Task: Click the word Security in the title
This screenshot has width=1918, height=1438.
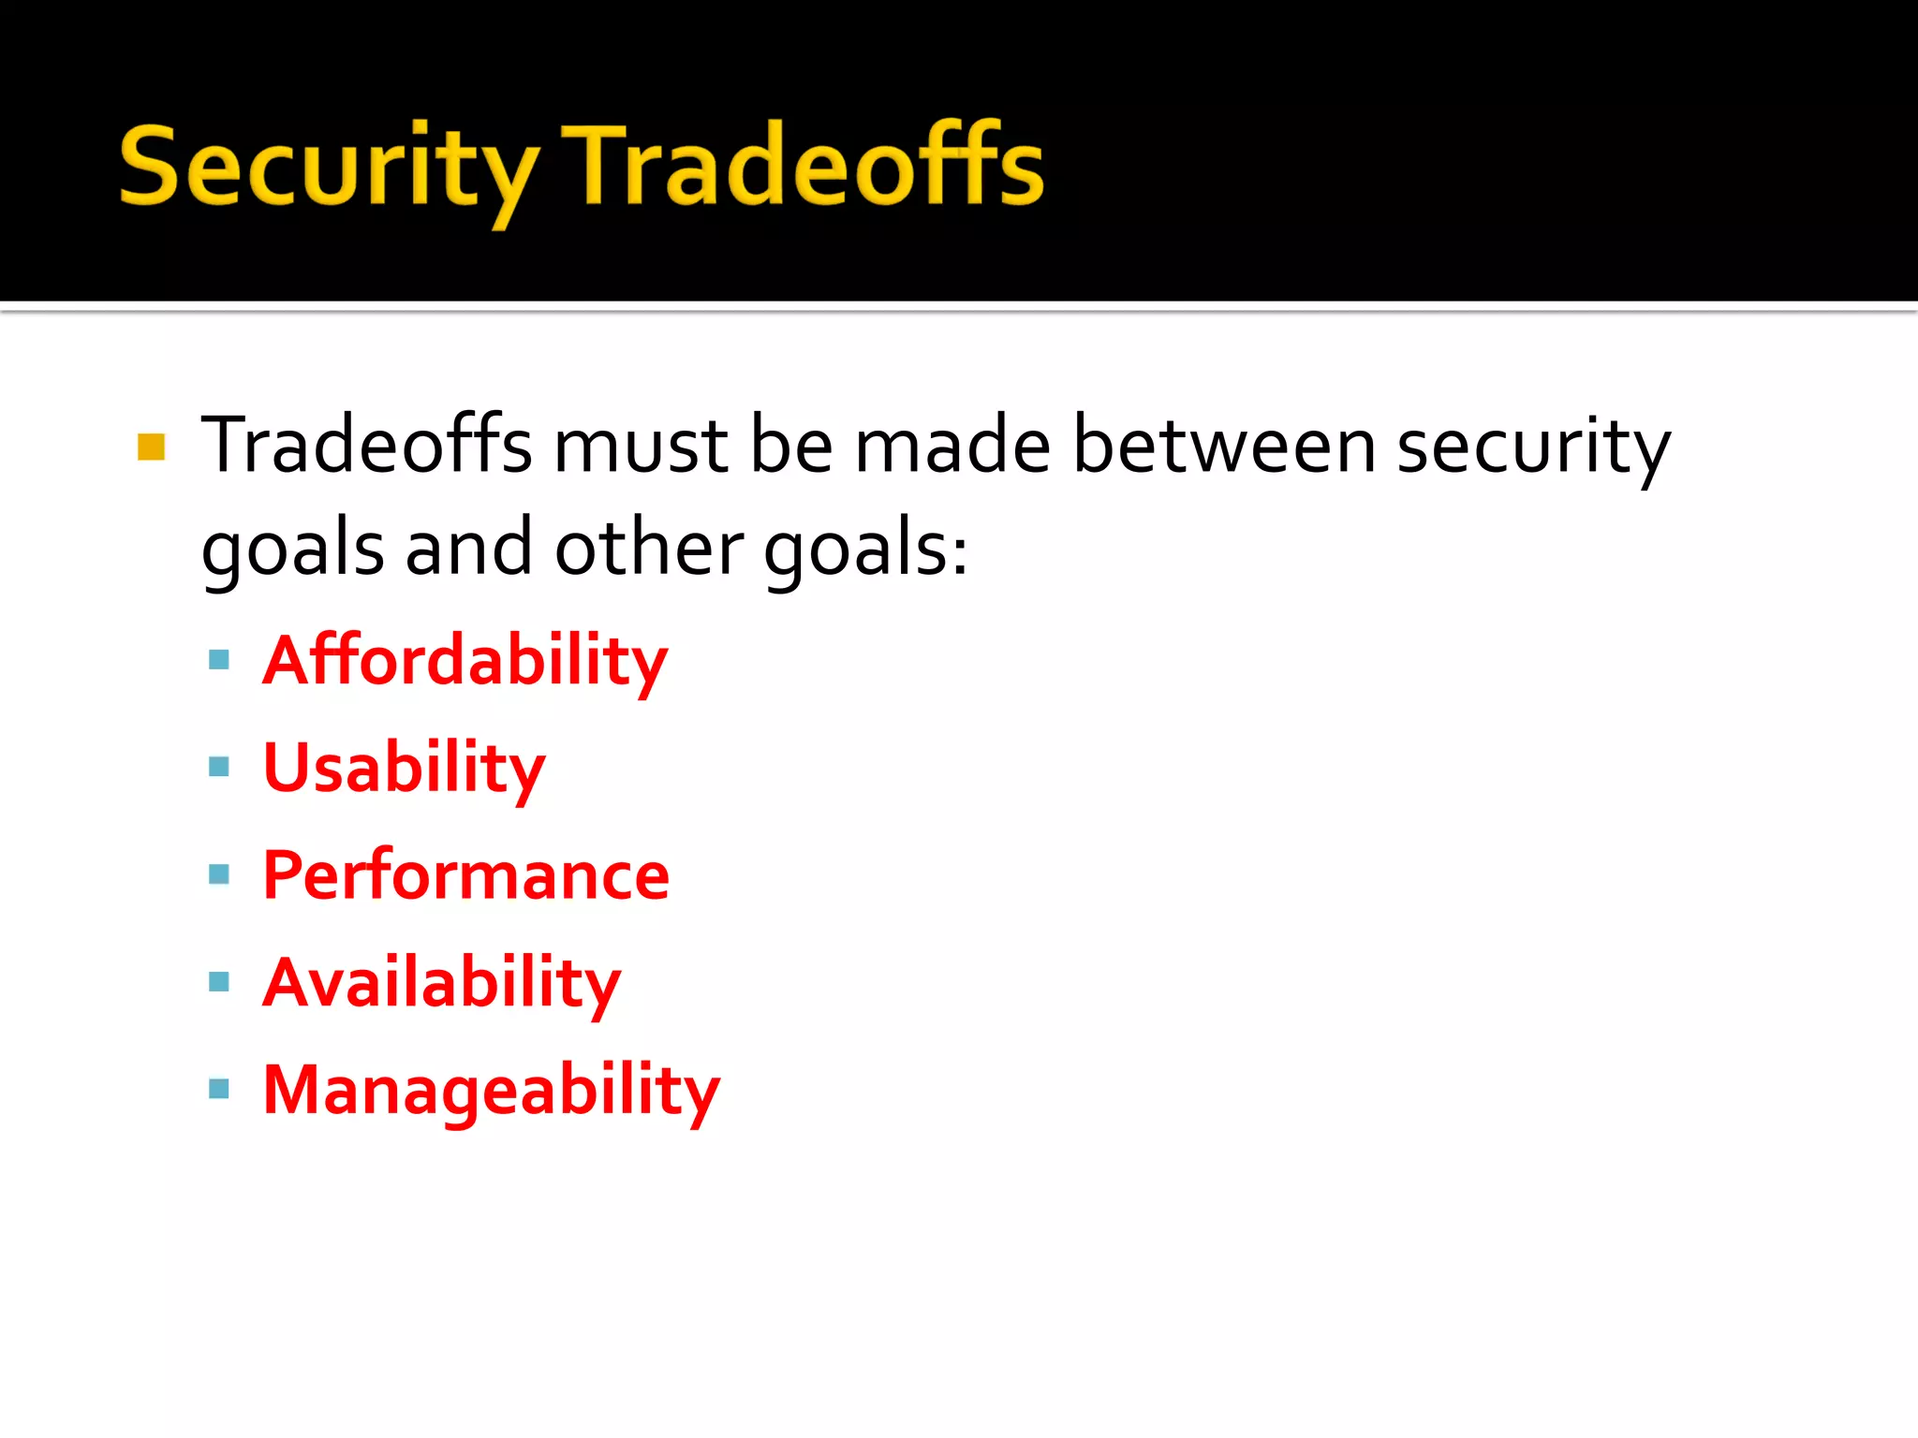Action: pyautogui.click(x=328, y=169)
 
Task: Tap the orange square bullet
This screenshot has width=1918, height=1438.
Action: pyautogui.click(x=151, y=447)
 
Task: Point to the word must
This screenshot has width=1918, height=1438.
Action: pyautogui.click(x=641, y=446)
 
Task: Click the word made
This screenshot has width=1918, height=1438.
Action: pyautogui.click(x=952, y=446)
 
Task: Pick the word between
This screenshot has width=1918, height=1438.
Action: pyautogui.click(x=1223, y=446)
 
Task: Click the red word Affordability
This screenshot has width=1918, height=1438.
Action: pyautogui.click(x=465, y=662)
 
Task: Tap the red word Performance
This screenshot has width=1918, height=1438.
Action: pyautogui.click(x=466, y=876)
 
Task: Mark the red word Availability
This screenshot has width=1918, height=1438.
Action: pyautogui.click(x=442, y=984)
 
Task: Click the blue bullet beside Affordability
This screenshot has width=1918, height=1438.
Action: pyautogui.click(x=219, y=660)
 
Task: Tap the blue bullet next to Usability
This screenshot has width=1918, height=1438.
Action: pyautogui.click(x=219, y=768)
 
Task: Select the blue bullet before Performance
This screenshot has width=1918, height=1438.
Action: pyautogui.click(x=219, y=874)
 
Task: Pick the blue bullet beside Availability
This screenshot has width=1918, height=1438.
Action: pyautogui.click(x=219, y=982)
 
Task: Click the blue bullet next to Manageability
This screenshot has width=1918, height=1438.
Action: pyautogui.click(x=219, y=1089)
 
